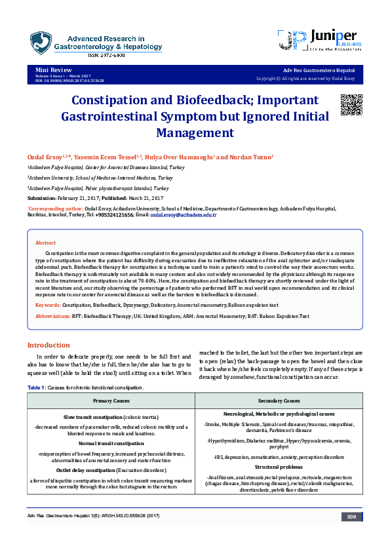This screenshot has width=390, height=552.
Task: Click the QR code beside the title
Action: tap(351, 104)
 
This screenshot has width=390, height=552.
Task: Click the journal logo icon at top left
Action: tap(41, 43)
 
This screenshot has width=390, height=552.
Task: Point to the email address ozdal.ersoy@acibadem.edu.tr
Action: tap(184, 215)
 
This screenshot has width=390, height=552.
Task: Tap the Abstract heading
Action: tap(45, 243)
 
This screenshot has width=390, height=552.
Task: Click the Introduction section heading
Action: tap(48, 345)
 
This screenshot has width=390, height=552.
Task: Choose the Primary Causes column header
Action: tap(111, 400)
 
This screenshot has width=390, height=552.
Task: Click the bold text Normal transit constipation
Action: tap(111, 443)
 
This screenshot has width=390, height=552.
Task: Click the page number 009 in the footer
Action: tap(351, 518)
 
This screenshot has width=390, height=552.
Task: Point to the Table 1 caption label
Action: tap(37, 387)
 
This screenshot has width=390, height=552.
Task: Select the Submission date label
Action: tap(41, 197)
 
